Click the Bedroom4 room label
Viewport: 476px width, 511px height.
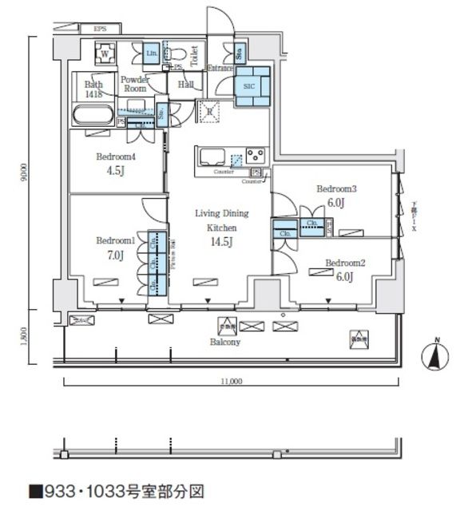coord(117,156)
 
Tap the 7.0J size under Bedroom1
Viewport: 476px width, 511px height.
coord(116,255)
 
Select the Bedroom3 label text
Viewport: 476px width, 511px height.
coord(335,189)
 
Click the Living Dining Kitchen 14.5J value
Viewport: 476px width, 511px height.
coord(221,243)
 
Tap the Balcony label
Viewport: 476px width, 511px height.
coord(226,342)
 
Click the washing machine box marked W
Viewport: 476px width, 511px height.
coord(104,55)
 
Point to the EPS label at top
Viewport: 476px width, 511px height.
coord(100,30)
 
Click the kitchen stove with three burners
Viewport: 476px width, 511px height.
coord(256,154)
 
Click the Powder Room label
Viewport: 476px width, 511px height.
coord(133,85)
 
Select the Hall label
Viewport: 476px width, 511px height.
coord(186,84)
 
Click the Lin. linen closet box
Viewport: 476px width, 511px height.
coord(152,54)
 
